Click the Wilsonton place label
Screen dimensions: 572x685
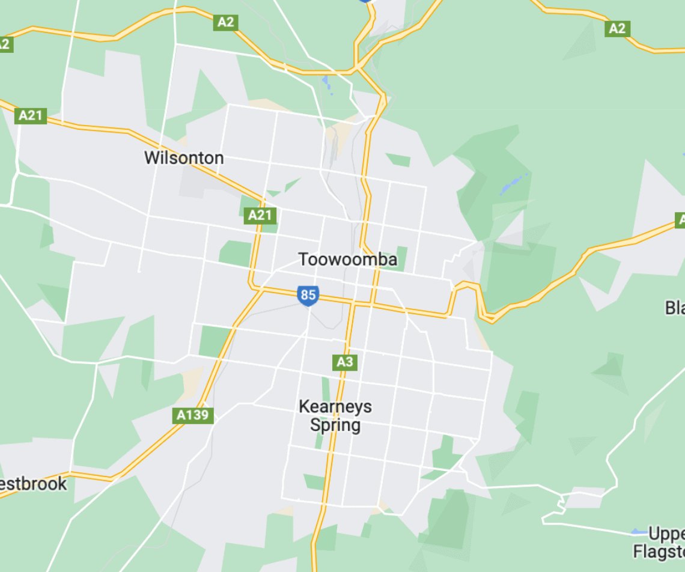pyautogui.click(x=184, y=158)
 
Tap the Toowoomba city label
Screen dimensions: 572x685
pyautogui.click(x=348, y=260)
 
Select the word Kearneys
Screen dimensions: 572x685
pyautogui.click(x=335, y=407)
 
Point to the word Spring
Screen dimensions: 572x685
pyautogui.click(x=335, y=425)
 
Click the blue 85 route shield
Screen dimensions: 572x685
pyautogui.click(x=308, y=296)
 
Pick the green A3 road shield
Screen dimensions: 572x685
pyautogui.click(x=345, y=362)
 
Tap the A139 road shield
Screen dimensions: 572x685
pyautogui.click(x=193, y=415)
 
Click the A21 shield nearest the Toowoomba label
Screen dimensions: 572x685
pyautogui.click(x=261, y=215)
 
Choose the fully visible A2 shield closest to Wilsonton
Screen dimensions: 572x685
pyautogui.click(x=225, y=23)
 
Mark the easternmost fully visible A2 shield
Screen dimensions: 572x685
pyautogui.click(x=617, y=28)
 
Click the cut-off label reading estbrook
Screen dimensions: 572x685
pyautogui.click(x=34, y=484)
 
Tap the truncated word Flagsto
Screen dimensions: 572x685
pyautogui.click(x=659, y=551)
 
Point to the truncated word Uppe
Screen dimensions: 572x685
pyautogui.click(x=666, y=534)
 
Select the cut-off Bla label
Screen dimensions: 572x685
pyautogui.click(x=674, y=308)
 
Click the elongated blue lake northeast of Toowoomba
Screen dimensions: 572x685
pyautogui.click(x=514, y=183)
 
